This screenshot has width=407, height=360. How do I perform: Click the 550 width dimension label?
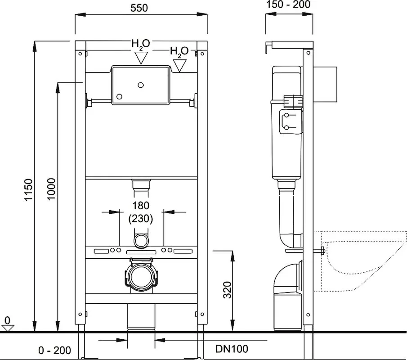[x=139, y=8]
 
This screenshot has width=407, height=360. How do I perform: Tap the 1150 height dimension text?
[x=28, y=189]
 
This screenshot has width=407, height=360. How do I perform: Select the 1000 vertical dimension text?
[x=51, y=189]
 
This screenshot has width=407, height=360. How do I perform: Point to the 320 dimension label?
[x=227, y=290]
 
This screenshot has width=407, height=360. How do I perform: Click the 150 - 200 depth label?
[x=288, y=4]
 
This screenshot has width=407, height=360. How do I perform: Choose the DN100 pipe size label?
[x=232, y=349]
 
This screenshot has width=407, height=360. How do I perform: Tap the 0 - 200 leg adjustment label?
[x=54, y=351]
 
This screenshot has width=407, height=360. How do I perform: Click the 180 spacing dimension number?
[x=141, y=206]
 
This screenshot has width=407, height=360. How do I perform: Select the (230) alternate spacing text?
[x=141, y=219]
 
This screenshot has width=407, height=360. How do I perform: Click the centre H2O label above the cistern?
[x=141, y=44]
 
